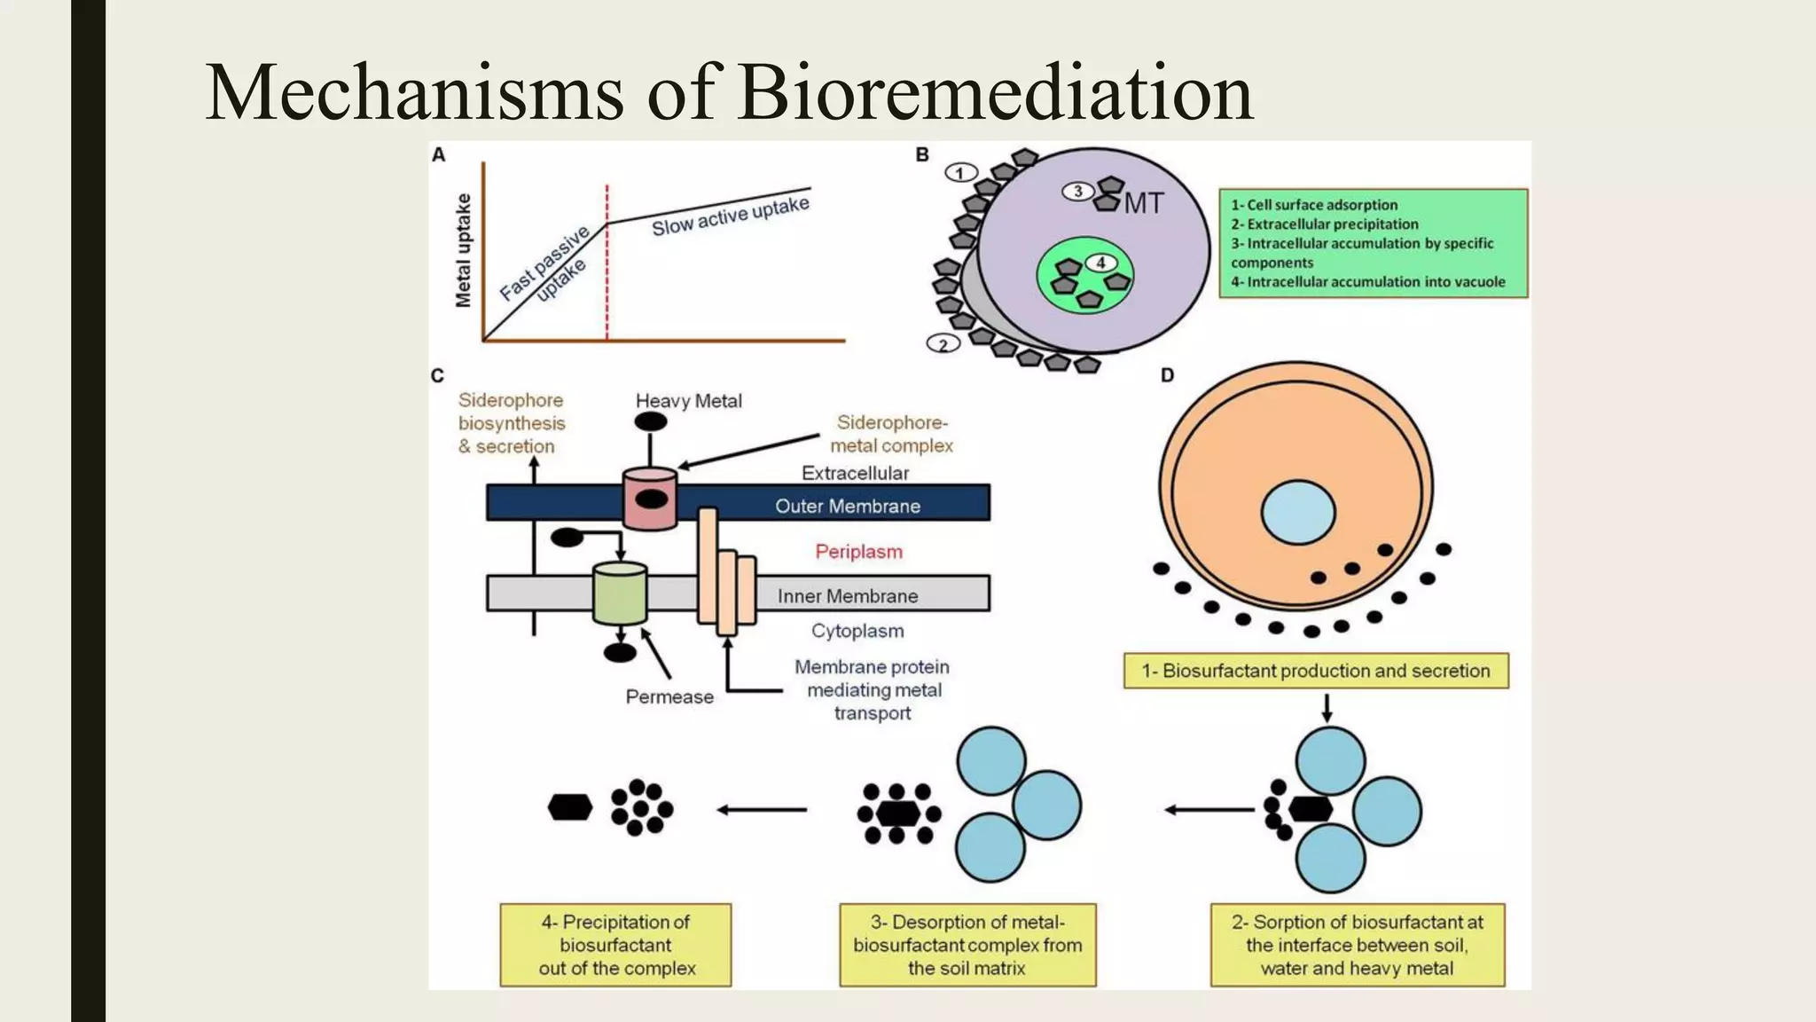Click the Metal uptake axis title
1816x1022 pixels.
463,251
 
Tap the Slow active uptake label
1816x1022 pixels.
731,216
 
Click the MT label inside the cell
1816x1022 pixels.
1144,204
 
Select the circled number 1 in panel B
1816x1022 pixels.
960,173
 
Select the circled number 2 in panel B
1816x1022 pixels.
943,344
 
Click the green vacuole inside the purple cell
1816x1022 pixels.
1085,276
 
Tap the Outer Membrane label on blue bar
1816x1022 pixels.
847,506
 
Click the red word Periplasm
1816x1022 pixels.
858,552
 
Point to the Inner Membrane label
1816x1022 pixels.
847,596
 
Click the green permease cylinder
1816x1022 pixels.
619,594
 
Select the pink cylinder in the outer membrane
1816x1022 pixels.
650,499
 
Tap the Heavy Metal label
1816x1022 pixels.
688,401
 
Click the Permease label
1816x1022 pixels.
669,697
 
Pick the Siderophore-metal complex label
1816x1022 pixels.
891,434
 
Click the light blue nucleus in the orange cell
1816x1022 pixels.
1298,512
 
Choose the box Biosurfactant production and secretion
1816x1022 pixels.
1316,671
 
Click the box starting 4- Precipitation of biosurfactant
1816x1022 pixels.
615,945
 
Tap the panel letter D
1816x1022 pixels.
1167,375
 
